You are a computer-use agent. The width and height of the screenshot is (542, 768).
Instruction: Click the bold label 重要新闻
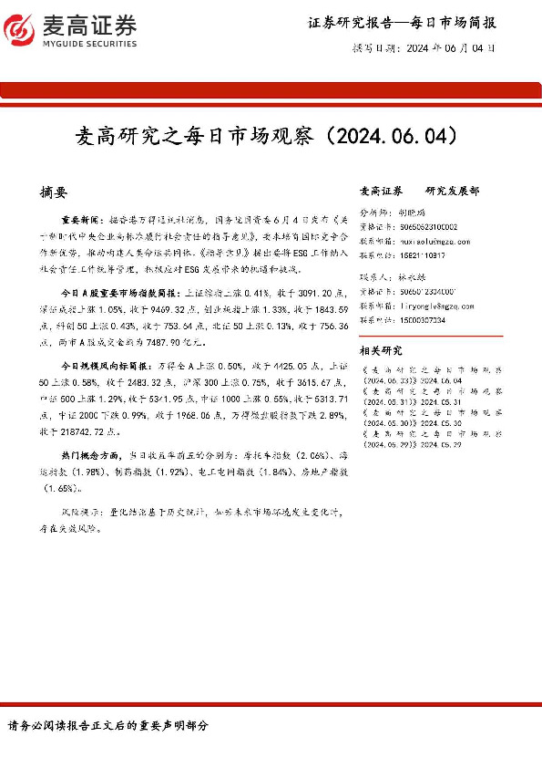click(78, 221)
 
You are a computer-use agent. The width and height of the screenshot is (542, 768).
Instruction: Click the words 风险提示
click(78, 513)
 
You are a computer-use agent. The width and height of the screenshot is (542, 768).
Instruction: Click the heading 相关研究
click(382, 350)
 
